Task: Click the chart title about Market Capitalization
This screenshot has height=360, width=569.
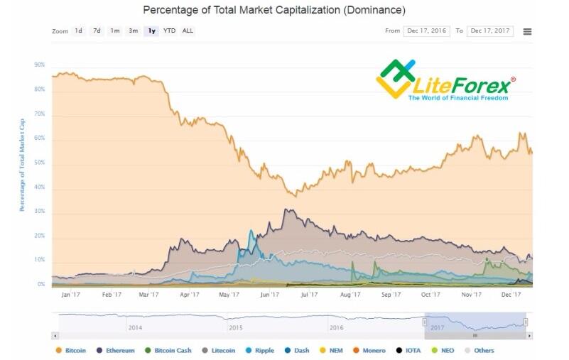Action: pyautogui.click(x=274, y=11)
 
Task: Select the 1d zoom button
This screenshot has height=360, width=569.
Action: pyautogui.click(x=78, y=31)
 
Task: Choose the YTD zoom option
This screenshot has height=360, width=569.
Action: pyautogui.click(x=169, y=31)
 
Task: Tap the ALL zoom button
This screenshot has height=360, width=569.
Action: pyautogui.click(x=188, y=31)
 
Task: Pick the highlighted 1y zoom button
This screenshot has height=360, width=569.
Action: pyautogui.click(x=151, y=31)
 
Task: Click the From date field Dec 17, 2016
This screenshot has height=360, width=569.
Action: pyautogui.click(x=426, y=31)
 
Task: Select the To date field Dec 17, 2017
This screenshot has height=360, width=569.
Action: pyautogui.click(x=490, y=31)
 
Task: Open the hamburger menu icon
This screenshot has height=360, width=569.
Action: pyautogui.click(x=527, y=32)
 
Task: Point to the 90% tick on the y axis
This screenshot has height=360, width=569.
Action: pyautogui.click(x=39, y=65)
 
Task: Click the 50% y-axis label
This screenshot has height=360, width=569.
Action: pyautogui.click(x=39, y=163)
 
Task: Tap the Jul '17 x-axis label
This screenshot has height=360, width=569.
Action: pyautogui.click(x=309, y=294)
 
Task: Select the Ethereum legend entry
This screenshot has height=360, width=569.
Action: pyautogui.click(x=115, y=350)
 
